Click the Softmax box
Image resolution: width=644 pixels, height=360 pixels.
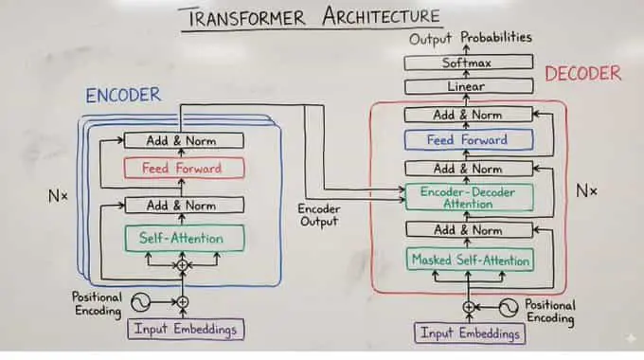point(469,63)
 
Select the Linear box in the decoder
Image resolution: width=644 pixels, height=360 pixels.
point(469,86)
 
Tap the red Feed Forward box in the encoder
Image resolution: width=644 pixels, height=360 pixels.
point(184,168)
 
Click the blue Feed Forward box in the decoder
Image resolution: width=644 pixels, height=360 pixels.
point(469,139)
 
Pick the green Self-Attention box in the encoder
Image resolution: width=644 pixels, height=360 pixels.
point(185,238)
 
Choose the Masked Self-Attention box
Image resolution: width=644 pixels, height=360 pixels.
point(470,260)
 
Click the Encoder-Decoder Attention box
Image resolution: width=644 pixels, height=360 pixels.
point(469,198)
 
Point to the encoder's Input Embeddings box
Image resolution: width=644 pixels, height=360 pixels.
point(186,329)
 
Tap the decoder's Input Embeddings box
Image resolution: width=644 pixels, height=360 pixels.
point(470,333)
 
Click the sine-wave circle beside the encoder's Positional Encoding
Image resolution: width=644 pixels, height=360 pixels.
point(140,302)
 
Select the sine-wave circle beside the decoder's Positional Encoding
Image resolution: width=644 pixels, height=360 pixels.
point(509,307)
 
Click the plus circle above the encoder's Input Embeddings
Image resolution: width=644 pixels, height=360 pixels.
point(183,302)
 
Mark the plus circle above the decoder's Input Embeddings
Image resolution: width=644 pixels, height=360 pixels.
point(469,307)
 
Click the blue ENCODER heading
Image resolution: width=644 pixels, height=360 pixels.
point(123,96)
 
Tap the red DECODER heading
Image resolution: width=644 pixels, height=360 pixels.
point(582,74)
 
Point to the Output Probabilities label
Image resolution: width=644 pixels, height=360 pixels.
point(471,38)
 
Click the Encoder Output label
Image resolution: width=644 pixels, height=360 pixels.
point(319,215)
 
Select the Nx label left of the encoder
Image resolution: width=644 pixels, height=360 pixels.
point(58,196)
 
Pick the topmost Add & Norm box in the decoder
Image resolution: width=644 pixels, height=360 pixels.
point(468,115)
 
